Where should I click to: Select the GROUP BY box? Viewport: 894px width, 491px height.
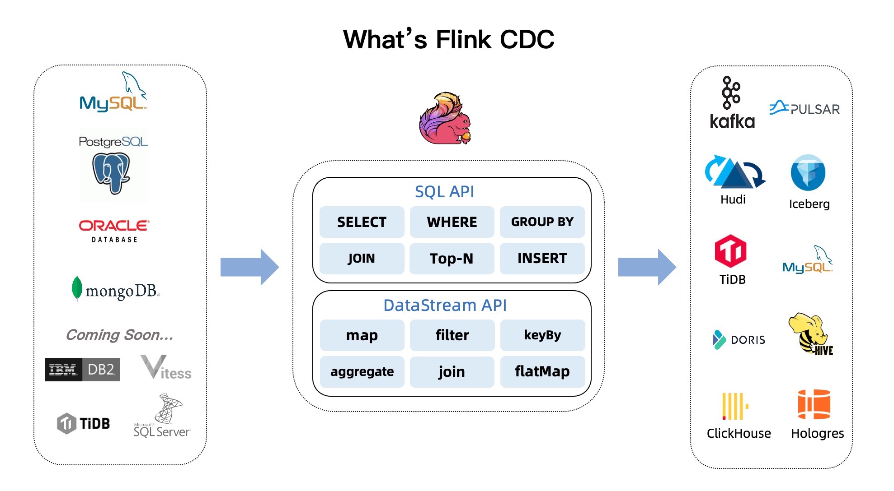click(x=542, y=222)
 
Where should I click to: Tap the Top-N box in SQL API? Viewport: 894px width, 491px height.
click(x=452, y=259)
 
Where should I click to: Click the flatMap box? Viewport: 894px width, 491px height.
click(x=542, y=371)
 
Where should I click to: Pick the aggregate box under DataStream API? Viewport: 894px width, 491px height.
click(x=362, y=371)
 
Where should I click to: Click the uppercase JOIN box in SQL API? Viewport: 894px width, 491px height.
click(x=362, y=259)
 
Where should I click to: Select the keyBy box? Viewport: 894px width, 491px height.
click(x=542, y=335)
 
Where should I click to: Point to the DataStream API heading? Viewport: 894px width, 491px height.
click(x=445, y=306)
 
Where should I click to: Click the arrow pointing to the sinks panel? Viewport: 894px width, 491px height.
click(x=647, y=267)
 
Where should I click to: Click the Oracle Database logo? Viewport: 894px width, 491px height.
click(x=114, y=231)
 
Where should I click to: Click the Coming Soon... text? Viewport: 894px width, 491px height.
click(x=119, y=335)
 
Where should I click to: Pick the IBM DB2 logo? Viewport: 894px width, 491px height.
click(x=82, y=370)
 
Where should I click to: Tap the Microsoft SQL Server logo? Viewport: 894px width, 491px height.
click(x=162, y=416)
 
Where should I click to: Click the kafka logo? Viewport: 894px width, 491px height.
click(x=732, y=103)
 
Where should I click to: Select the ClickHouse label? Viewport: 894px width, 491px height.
click(x=739, y=433)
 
